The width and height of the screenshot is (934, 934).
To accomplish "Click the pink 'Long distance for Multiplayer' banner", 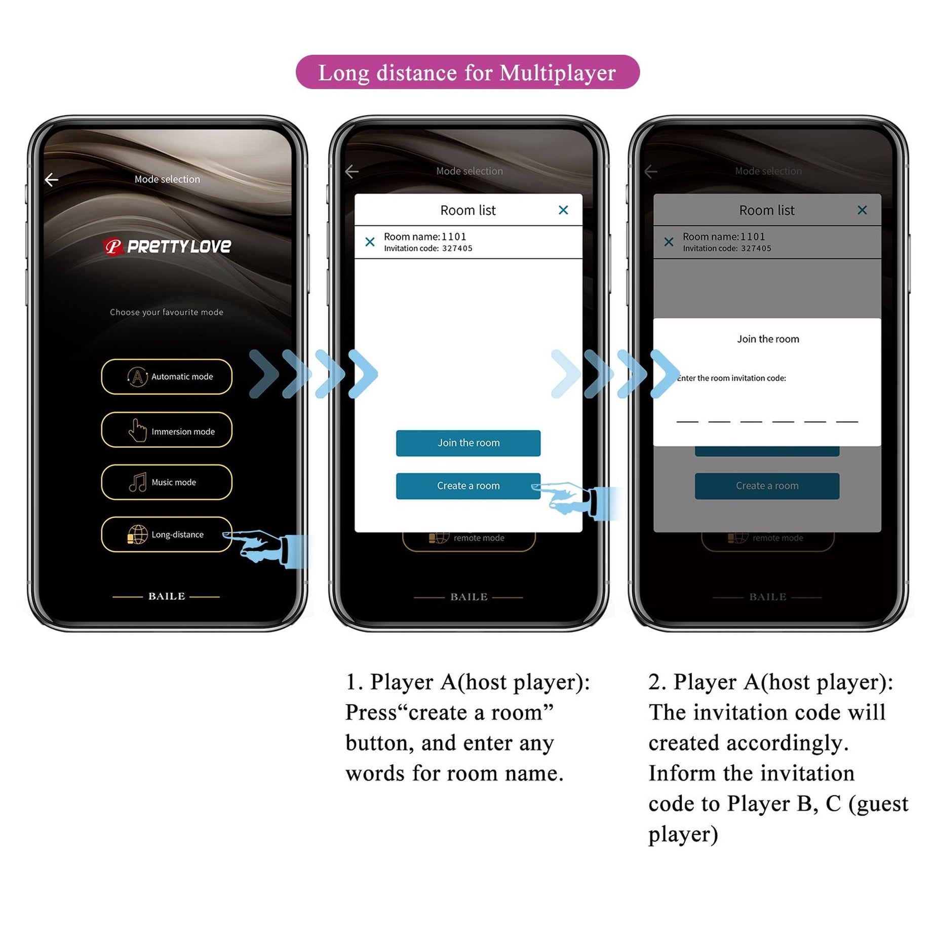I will click(467, 72).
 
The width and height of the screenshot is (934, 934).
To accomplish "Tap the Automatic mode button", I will click(167, 376).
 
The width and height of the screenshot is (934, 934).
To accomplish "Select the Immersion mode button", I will click(167, 431).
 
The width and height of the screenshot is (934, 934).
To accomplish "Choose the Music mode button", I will click(167, 482).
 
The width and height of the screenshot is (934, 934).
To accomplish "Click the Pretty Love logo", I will click(167, 247).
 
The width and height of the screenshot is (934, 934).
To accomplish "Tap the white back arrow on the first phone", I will click(52, 179).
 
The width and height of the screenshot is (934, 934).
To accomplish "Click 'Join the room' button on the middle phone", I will click(468, 443).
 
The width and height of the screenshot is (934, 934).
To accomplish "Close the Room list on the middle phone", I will click(563, 210).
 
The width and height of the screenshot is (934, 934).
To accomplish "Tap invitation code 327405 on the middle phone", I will click(457, 249).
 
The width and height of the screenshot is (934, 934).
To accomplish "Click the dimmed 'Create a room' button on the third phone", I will click(767, 486).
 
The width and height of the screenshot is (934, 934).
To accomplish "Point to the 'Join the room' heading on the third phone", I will click(768, 339).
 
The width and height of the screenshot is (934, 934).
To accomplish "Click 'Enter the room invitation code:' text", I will click(731, 378).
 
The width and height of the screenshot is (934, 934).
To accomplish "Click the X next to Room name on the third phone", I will click(669, 242).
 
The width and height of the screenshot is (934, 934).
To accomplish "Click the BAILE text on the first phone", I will click(167, 597).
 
